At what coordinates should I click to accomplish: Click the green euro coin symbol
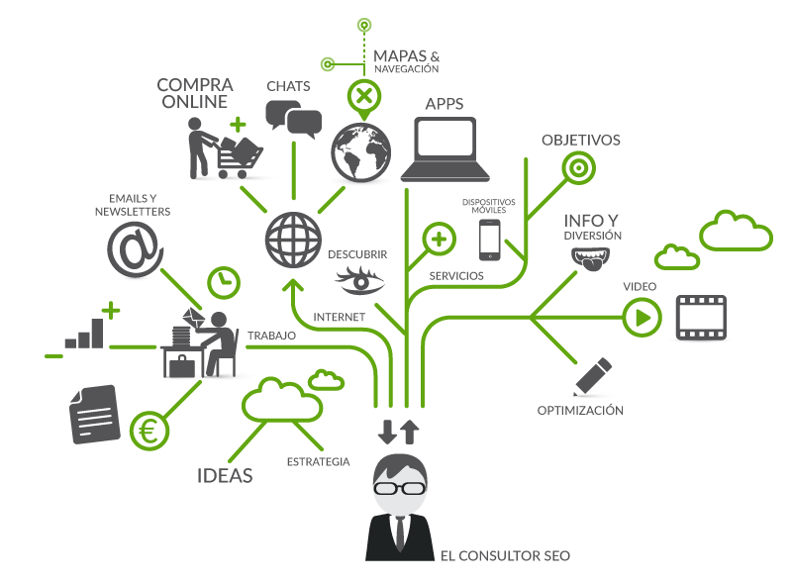[x=149, y=430]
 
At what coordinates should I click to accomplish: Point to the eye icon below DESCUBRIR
[x=360, y=280]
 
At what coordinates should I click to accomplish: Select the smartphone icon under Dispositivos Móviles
[x=489, y=240]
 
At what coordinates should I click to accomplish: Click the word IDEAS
[x=224, y=475]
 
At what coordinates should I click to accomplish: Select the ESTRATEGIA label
[x=318, y=461]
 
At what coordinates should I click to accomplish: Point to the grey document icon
[x=94, y=414]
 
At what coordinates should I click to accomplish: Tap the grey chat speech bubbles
[x=294, y=120]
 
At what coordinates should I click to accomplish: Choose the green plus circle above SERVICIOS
[x=439, y=240]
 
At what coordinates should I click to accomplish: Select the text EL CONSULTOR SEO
[x=505, y=556]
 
